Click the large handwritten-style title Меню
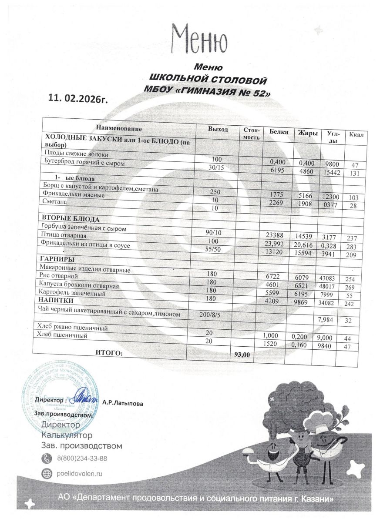199,39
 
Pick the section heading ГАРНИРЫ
55,259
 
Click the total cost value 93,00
242,355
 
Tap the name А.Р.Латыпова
122,402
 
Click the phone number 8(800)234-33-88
82,458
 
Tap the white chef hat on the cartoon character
319,420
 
